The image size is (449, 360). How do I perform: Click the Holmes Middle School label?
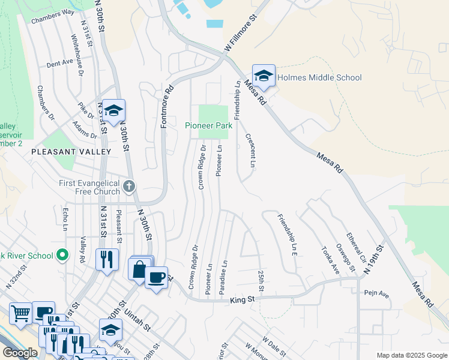[x=320, y=77]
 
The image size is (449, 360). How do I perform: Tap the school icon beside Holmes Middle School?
[x=264, y=76]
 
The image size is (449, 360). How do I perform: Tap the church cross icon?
[x=128, y=188]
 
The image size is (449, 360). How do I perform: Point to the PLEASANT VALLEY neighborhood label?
[x=71, y=152]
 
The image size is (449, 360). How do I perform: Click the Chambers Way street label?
[x=53, y=12]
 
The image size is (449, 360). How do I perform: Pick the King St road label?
[x=243, y=298]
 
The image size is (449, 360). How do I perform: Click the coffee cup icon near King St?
[x=156, y=277]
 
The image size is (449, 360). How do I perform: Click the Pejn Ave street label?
[x=376, y=295]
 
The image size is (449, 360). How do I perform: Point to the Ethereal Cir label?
[x=352, y=247]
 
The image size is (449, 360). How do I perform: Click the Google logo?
[x=20, y=353]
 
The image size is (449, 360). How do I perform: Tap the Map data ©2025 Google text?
[x=411, y=355]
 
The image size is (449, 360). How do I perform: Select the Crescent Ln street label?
[x=252, y=150]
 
